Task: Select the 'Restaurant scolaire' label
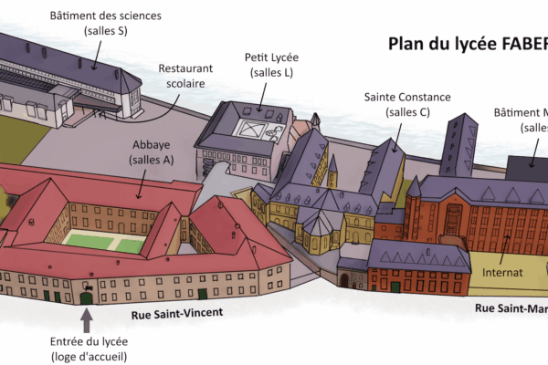click(185, 76)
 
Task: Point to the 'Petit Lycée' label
click(271, 58)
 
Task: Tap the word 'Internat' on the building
click(502, 272)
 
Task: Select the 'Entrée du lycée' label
click(90, 341)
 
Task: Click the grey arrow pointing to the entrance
click(88, 320)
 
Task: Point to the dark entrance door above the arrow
click(87, 296)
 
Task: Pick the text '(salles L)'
click(271, 73)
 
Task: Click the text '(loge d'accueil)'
click(90, 356)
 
